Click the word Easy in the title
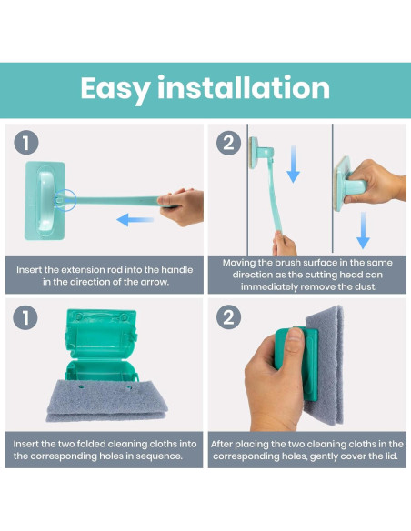pos(115,89)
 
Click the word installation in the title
pos(244,87)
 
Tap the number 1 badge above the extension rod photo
pos(26,143)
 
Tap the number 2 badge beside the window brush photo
pos(228,143)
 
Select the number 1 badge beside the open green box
pos(25,317)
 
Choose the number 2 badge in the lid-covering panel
pos(228,317)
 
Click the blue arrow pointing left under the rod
pos(135,220)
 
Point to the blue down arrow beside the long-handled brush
pos(293,165)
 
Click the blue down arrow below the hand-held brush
pos(363,230)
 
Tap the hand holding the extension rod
pos(182,206)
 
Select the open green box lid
pos(101,333)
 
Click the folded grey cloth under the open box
pos(106,401)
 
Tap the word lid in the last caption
pos(391,456)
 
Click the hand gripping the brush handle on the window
pos(376,182)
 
